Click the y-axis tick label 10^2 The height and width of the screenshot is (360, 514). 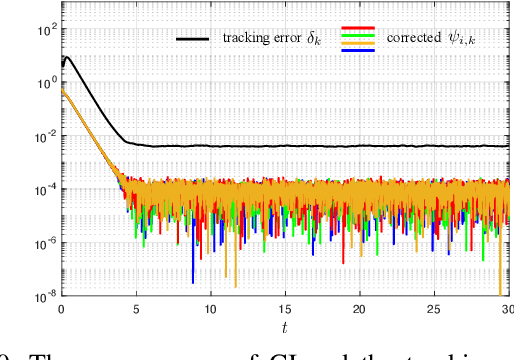[x=44, y=29]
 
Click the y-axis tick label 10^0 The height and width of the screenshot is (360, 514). [x=44, y=83]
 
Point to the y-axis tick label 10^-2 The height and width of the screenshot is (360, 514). [x=42, y=136]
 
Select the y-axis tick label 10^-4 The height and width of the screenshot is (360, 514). [x=42, y=189]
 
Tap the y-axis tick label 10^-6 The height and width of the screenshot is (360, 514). [x=42, y=242]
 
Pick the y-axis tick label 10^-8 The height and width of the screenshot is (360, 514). [x=42, y=295]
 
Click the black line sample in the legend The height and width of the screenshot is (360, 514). [x=193, y=39]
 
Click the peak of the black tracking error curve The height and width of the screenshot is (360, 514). [x=66, y=57]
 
